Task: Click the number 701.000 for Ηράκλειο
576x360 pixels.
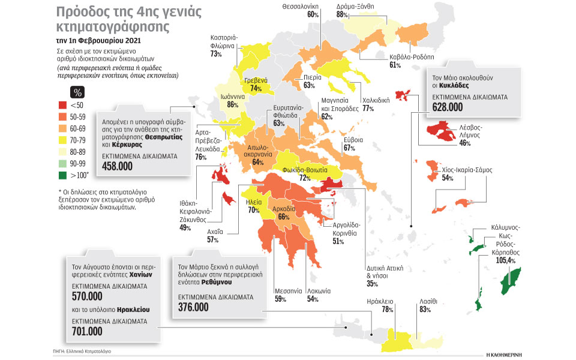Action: point(87,331)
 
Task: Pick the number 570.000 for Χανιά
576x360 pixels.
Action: point(87,296)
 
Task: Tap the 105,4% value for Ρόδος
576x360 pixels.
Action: point(502,260)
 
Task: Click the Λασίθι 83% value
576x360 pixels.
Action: point(425,310)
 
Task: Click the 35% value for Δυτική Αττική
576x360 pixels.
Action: point(371,284)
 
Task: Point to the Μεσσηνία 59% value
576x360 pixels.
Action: point(280,299)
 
